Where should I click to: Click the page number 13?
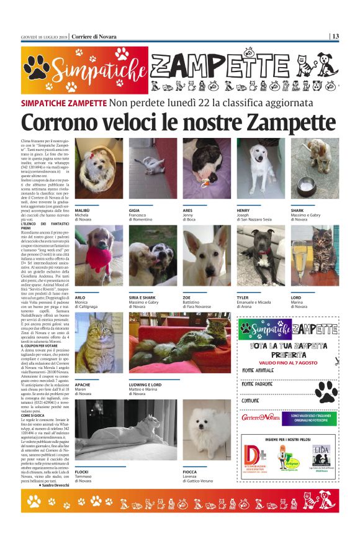(335, 36)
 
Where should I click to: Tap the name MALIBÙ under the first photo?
(83, 211)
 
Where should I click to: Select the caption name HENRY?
(244, 211)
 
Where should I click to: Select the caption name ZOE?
(187, 297)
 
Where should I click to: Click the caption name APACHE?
(83, 384)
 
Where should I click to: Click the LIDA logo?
(321, 457)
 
